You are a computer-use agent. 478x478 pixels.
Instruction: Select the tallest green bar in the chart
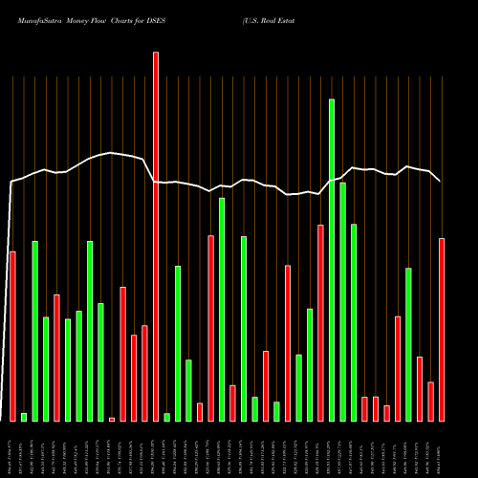click(332, 259)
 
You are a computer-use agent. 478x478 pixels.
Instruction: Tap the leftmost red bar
click(12, 336)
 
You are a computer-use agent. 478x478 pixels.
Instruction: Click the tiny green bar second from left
click(24, 417)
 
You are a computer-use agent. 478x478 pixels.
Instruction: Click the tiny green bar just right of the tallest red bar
click(166, 417)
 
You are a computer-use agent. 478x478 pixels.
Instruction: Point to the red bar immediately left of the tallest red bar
click(144, 373)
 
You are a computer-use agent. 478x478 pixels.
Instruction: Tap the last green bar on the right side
click(408, 344)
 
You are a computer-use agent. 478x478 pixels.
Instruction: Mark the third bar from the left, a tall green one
click(34, 331)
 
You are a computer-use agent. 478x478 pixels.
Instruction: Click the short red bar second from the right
click(430, 402)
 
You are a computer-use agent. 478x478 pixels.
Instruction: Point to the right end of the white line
click(440, 181)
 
